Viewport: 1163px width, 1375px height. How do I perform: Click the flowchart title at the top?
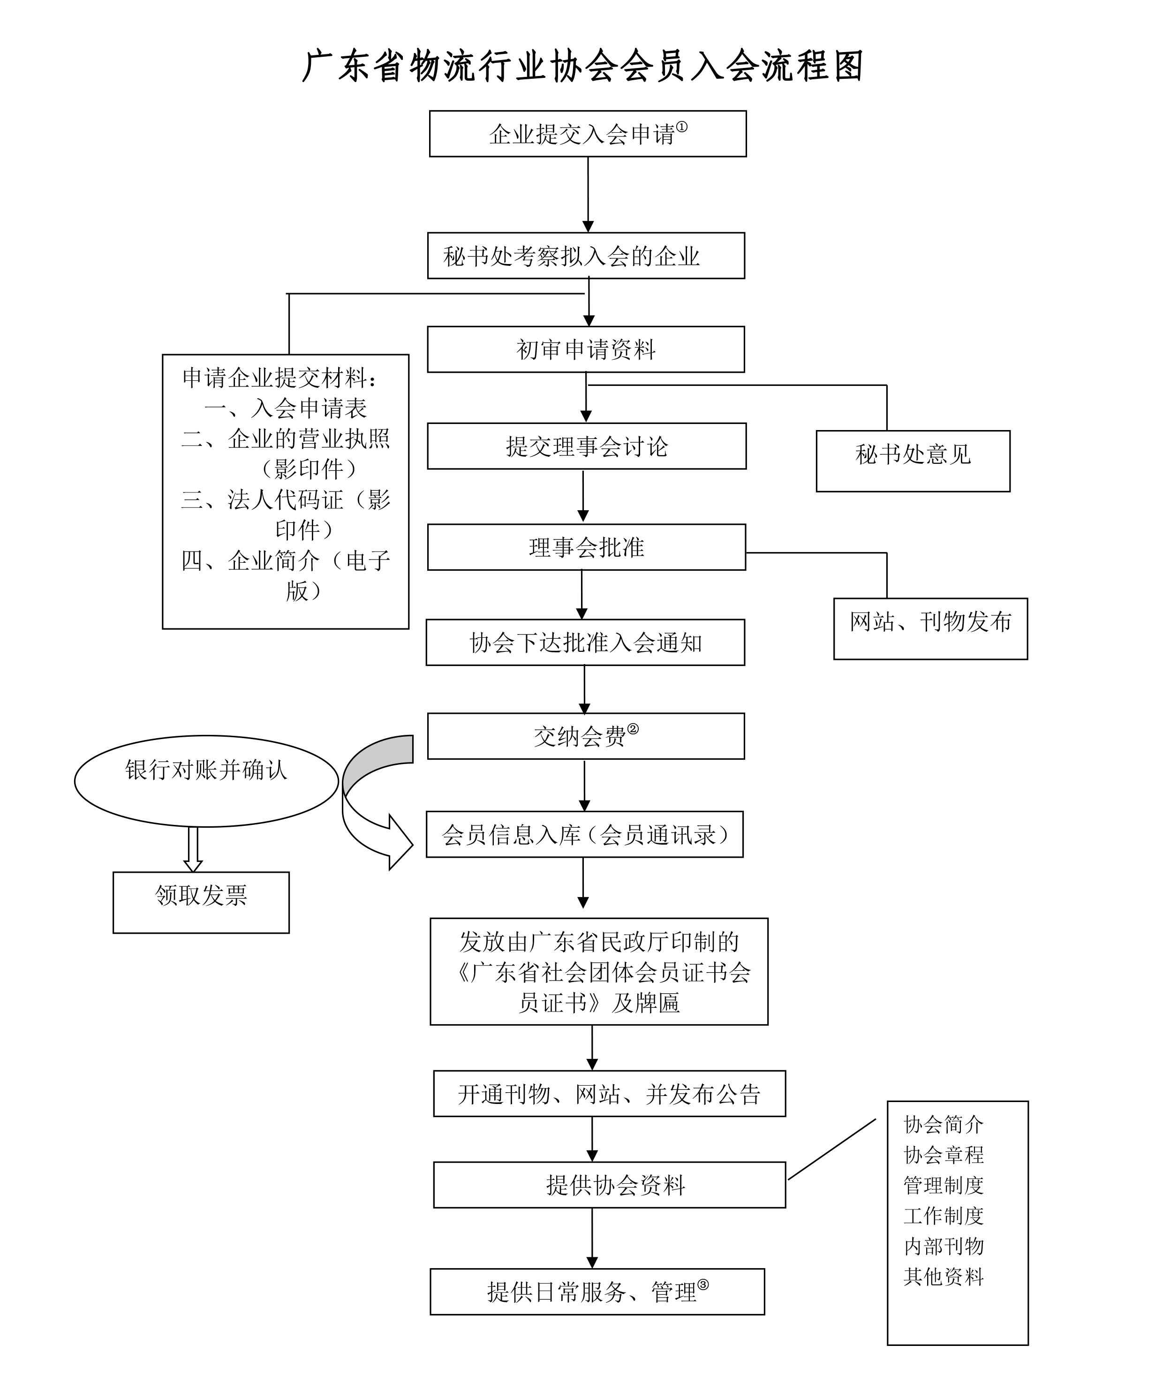click(583, 67)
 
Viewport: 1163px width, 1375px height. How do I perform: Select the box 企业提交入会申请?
click(588, 134)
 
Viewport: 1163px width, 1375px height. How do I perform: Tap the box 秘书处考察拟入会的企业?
click(585, 256)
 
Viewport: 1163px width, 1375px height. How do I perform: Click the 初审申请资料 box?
click(585, 349)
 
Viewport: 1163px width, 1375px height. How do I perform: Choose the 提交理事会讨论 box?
click(586, 446)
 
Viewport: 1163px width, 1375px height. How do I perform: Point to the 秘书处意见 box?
click(913, 461)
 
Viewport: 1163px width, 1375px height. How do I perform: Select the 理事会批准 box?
click(586, 547)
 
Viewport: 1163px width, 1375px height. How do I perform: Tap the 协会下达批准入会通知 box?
click(585, 642)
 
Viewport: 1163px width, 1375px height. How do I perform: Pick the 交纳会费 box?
click(585, 736)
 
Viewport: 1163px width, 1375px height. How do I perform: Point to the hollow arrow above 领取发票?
click(193, 849)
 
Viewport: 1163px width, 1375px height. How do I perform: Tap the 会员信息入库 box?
click(584, 834)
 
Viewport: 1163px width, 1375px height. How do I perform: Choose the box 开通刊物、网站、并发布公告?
click(609, 1094)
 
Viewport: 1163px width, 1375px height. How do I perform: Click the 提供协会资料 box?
click(609, 1185)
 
